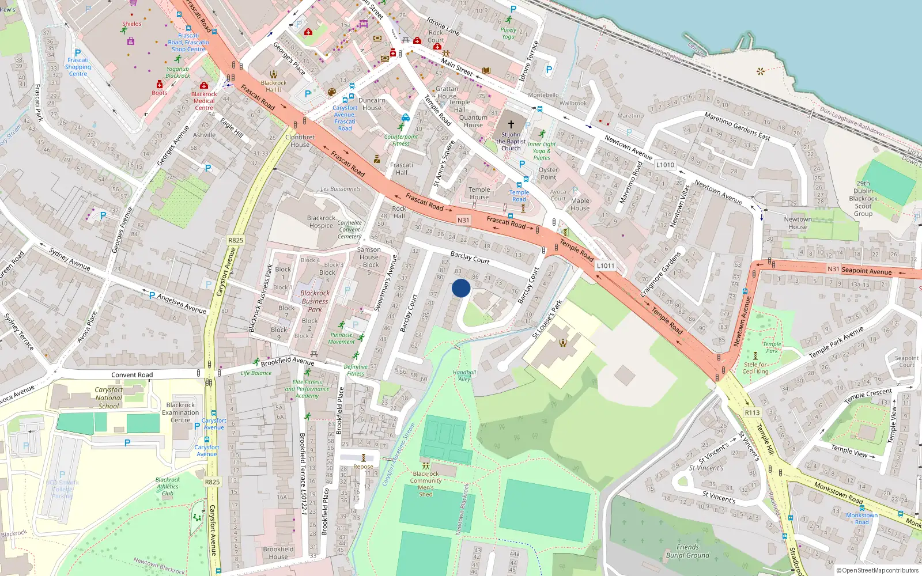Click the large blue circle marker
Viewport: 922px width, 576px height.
coord(461,288)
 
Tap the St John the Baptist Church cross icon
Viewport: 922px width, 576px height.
coord(511,124)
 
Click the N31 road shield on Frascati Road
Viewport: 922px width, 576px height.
coord(463,220)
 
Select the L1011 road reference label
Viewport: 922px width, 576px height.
coord(606,266)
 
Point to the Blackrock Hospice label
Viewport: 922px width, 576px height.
coord(321,222)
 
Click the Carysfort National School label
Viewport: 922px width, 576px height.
coord(108,397)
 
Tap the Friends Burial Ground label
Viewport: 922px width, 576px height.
coord(687,551)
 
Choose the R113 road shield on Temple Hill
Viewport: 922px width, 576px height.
coord(752,412)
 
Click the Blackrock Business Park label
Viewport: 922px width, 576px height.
coord(315,301)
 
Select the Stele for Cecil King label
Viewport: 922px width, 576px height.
coord(755,367)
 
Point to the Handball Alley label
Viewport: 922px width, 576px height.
coord(464,376)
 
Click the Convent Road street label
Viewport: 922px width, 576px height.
coord(132,375)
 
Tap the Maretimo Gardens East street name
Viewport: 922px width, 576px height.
coord(737,126)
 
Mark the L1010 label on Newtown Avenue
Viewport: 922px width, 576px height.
coord(665,165)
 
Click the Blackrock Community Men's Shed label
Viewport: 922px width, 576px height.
coord(426,484)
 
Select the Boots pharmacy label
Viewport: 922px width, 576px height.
coord(160,93)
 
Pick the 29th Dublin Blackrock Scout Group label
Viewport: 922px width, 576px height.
coord(863,199)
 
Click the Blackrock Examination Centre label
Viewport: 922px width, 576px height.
coord(180,412)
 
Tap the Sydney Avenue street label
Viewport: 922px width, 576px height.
coord(70,259)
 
